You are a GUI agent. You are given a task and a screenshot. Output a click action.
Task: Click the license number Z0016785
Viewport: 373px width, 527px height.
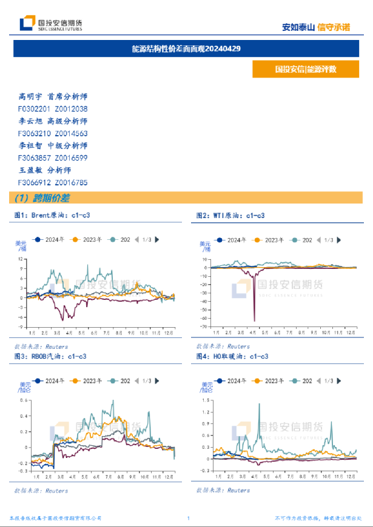coord(71,182)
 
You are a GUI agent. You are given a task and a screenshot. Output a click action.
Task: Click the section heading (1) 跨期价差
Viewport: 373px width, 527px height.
coord(42,198)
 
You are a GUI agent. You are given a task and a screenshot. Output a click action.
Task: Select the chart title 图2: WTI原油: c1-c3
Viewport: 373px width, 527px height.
coord(230,215)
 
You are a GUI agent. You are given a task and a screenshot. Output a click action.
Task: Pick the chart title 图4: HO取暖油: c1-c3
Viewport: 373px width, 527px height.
coord(232,356)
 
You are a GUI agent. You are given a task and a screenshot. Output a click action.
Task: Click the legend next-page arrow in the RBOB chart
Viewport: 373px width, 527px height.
coord(158,381)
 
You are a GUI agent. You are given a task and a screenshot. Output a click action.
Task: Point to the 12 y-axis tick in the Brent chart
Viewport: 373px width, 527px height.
coord(20,259)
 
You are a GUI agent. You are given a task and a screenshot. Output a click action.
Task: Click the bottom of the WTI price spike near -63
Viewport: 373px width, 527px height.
coord(254,320)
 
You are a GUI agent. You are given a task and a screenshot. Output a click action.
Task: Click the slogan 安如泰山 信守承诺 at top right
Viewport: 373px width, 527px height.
coord(317,27)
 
